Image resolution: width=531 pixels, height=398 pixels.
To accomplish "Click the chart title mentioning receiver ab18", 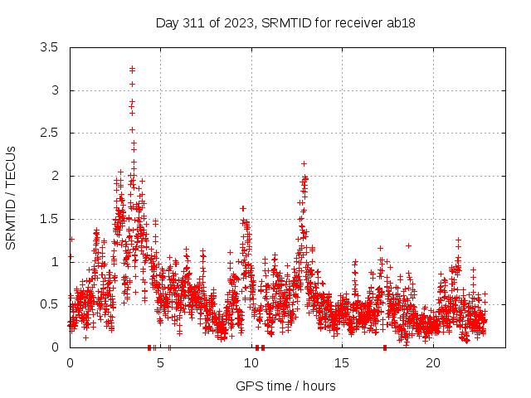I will click(285, 22).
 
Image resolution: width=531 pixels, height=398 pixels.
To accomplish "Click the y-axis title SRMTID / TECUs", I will click(11, 197).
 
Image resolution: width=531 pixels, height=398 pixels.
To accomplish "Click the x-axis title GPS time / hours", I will click(285, 386).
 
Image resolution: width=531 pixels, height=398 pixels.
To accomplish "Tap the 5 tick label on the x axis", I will click(161, 363).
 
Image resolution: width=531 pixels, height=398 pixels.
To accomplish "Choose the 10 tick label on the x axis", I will click(251, 363).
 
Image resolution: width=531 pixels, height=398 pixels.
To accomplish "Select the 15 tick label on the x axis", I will click(343, 363).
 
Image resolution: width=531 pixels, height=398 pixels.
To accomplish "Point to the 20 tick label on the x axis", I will click(433, 363).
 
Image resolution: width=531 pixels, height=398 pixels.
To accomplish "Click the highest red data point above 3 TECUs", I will click(132, 69).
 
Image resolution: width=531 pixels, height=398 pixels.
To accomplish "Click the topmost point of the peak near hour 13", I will click(304, 163).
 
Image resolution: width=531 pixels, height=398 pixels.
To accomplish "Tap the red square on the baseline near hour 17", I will click(385, 347).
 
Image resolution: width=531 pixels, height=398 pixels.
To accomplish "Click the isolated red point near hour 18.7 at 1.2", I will click(408, 245).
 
